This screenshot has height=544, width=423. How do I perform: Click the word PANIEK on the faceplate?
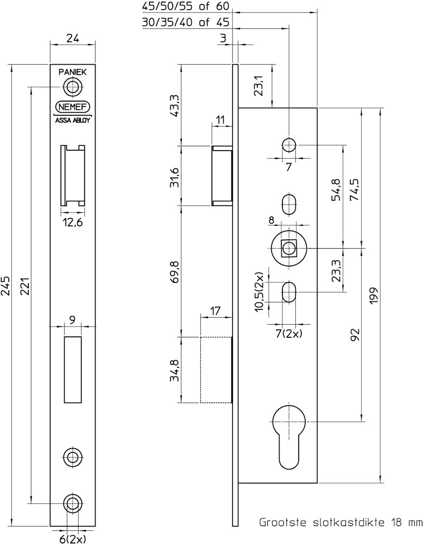pyautogui.click(x=72, y=71)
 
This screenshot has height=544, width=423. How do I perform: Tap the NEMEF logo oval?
pyautogui.click(x=73, y=107)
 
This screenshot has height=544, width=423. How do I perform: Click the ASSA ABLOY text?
pyautogui.click(x=73, y=121)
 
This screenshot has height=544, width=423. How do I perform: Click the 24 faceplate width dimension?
pyautogui.click(x=72, y=38)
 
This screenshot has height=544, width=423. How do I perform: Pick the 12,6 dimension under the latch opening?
pyautogui.click(x=73, y=222)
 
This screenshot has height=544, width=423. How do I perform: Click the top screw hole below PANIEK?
pyautogui.click(x=72, y=86)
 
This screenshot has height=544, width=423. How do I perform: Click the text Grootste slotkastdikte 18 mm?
pyautogui.click(x=340, y=523)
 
